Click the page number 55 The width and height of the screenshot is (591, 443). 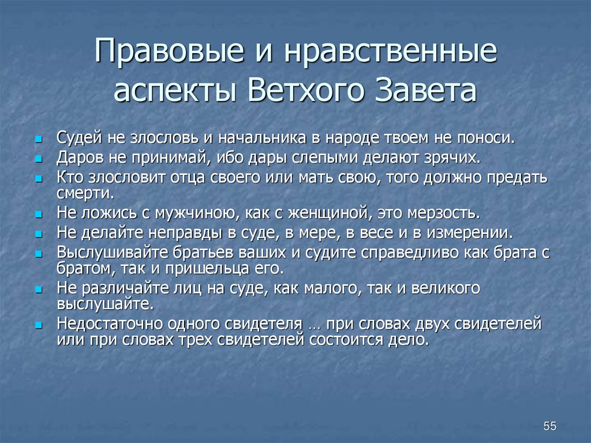point(549,426)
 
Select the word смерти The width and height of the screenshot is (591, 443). point(85,192)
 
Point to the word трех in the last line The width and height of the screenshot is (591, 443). point(196,339)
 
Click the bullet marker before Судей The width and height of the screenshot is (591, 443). point(39,140)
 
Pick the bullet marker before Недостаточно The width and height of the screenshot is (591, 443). point(39,325)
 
